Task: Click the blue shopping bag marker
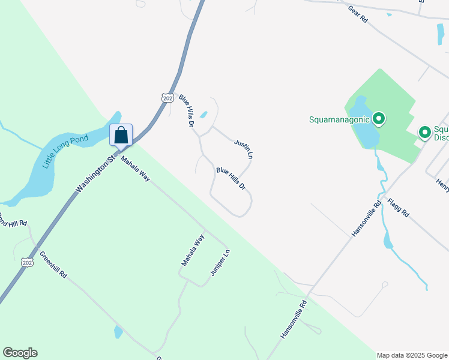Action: click(x=121, y=136)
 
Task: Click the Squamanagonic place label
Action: click(x=340, y=119)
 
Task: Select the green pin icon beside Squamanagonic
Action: click(x=378, y=119)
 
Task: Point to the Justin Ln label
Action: click(x=244, y=149)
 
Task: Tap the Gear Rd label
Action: click(x=357, y=14)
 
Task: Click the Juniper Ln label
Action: click(x=220, y=263)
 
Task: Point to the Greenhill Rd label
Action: click(x=53, y=265)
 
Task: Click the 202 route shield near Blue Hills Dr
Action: click(x=167, y=97)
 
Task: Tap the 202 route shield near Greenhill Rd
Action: click(x=26, y=262)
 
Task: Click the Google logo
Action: click(x=20, y=353)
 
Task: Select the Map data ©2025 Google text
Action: click(x=412, y=355)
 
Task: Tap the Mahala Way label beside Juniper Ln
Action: click(x=193, y=251)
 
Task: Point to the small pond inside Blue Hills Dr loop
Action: click(x=203, y=115)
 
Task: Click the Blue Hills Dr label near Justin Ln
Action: click(x=231, y=179)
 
